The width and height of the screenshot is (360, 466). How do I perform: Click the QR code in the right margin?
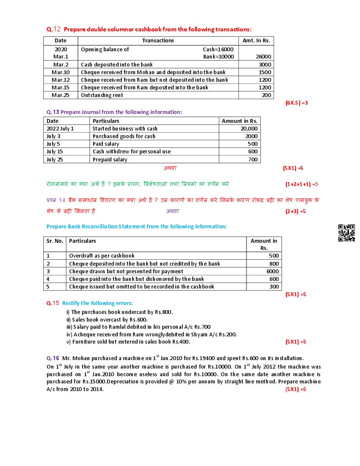pyautogui.click(x=346, y=233)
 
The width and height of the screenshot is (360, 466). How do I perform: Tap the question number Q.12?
pyautogui.click(x=54, y=29)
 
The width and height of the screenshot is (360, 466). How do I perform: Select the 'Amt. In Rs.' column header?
pyautogui.click(x=256, y=41)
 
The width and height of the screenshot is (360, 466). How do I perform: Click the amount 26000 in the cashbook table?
pyautogui.click(x=263, y=56)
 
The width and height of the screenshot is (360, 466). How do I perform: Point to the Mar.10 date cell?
pyautogui.click(x=61, y=72)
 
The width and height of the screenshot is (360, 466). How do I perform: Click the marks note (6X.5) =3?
pyautogui.click(x=296, y=103)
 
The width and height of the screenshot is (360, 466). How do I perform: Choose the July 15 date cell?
pyautogui.click(x=55, y=151)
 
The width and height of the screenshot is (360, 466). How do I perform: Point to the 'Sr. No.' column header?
pyautogui.click(x=55, y=241)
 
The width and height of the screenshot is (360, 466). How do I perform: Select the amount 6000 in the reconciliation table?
pyautogui.click(x=272, y=271)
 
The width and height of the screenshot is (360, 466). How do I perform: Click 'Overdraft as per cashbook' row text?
pyautogui.click(x=102, y=255)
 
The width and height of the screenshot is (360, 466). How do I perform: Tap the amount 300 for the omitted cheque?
pyautogui.click(x=274, y=286)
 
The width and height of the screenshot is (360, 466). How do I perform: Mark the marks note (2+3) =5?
pyautogui.click(x=295, y=211)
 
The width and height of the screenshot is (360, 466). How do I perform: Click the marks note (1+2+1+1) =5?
pyautogui.click(x=302, y=184)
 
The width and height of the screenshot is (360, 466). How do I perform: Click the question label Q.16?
pyautogui.click(x=53, y=358)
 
